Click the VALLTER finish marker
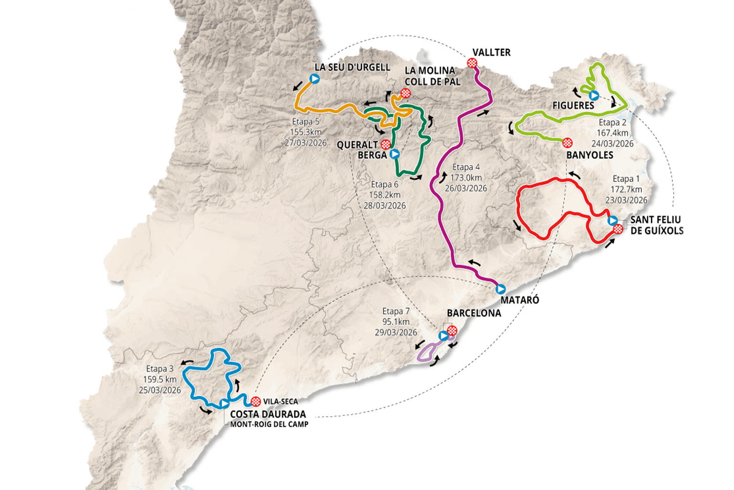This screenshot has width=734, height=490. pos(472,62)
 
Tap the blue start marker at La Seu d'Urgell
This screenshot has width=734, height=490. pos(314,78)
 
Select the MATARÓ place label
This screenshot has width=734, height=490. pos(519,300)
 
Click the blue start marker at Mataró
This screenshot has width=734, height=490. pos(500,289)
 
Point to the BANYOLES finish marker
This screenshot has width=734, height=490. pos(567,143)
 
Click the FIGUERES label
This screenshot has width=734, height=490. pos(573,105)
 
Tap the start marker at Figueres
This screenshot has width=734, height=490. pos(594,95)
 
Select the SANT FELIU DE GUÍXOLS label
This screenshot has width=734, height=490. pos(657,225)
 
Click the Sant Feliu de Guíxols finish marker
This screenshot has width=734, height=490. pos(618,229)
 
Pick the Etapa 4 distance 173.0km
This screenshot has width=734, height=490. pos(466,178)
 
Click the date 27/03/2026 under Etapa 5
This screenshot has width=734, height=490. pos(305,143)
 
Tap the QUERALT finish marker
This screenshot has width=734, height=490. pos(386,145)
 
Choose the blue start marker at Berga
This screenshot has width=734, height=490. pos(395,154)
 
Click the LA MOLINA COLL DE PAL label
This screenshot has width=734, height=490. pos(432,76)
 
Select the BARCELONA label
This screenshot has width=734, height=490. pos(474,313)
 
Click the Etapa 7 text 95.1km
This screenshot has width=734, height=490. pos(396,322)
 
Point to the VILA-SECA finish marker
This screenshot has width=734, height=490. pos(256,401)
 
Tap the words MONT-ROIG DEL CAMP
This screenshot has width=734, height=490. pos(269,424)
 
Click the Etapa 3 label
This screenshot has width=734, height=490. pos(160,368)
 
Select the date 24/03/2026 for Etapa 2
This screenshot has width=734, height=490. pos(612,144)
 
